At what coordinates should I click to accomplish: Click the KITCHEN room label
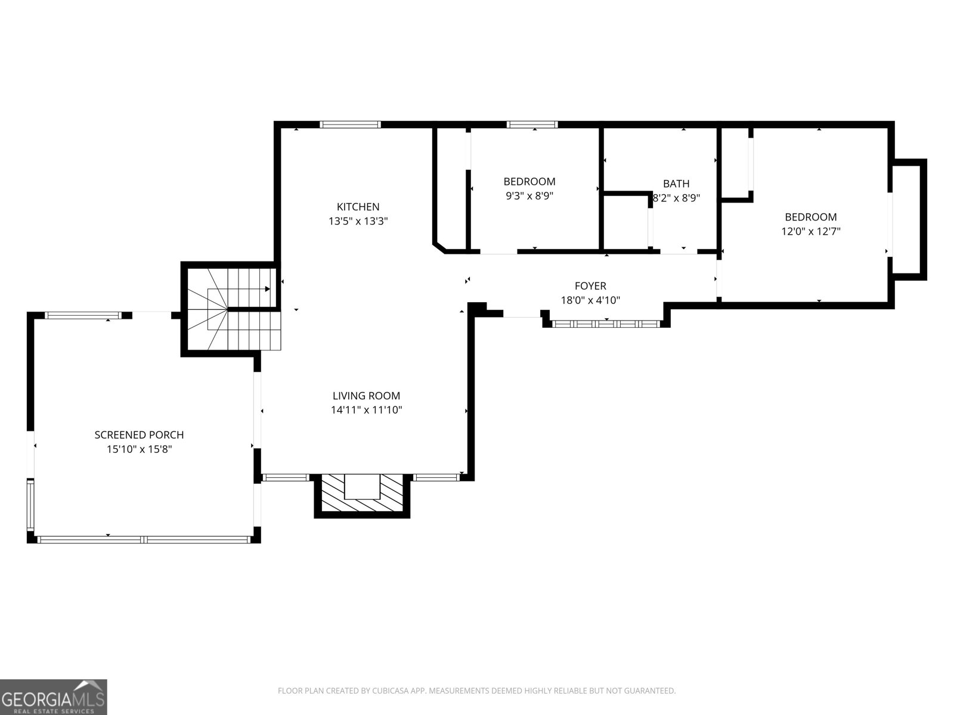point(358,207)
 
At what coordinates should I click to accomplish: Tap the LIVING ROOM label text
point(366,396)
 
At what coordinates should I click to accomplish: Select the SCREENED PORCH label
point(139,435)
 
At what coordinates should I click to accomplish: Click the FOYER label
point(590,286)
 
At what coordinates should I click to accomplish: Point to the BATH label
point(676,184)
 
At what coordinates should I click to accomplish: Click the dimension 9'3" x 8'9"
point(529,195)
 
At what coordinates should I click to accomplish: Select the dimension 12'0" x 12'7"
point(810,231)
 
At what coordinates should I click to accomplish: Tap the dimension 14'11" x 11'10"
point(366,410)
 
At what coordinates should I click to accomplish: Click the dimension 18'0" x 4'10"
point(590,300)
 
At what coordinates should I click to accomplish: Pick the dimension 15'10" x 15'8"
point(139,449)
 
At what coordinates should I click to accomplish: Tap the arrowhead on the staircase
point(267,289)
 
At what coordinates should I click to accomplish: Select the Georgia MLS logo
point(53,697)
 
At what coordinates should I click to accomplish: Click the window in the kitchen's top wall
point(350,125)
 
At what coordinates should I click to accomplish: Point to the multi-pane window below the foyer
point(605,324)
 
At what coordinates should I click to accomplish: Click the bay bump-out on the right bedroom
point(909,219)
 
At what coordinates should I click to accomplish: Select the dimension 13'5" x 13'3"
point(358,221)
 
